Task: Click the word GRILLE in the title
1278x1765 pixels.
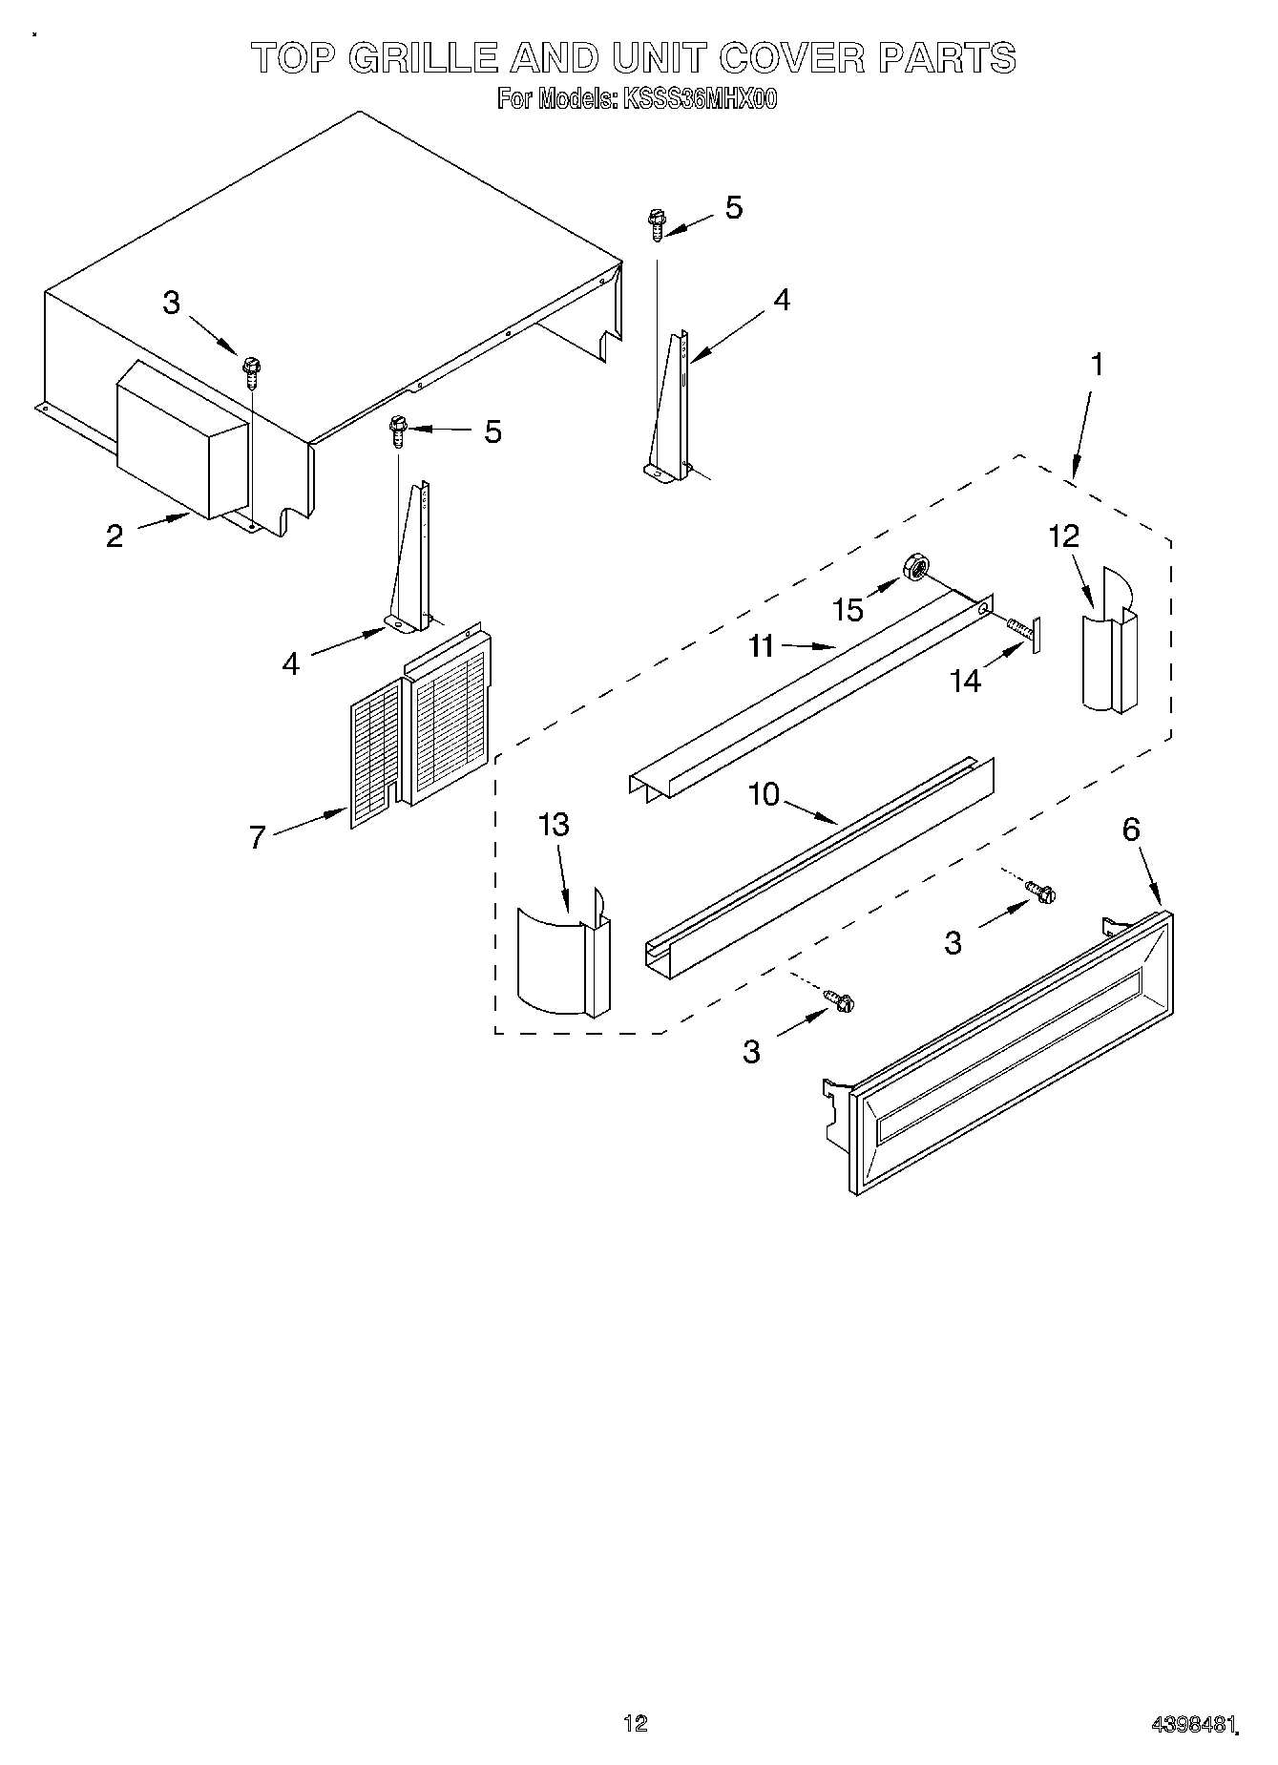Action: [423, 59]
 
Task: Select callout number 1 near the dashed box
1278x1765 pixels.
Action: [1098, 365]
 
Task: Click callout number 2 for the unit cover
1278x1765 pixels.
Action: [115, 536]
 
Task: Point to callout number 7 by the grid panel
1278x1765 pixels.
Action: [256, 837]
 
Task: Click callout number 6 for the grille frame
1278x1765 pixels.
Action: [1130, 830]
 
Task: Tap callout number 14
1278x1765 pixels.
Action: [966, 681]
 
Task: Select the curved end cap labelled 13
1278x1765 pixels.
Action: [561, 959]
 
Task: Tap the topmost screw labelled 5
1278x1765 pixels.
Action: [656, 225]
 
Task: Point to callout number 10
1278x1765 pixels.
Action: [764, 794]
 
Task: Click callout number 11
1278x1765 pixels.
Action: [761, 646]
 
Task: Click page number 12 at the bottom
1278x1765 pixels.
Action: [635, 1723]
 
